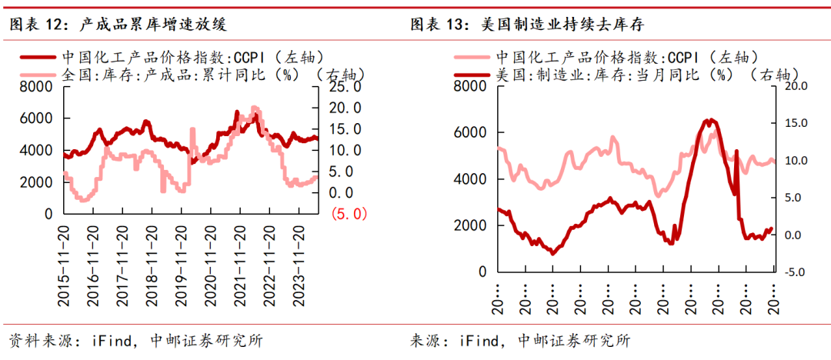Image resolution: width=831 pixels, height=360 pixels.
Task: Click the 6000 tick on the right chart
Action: tap(471, 132)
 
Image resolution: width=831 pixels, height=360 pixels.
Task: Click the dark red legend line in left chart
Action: tap(36, 56)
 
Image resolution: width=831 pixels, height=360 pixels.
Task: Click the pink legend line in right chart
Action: tap(473, 56)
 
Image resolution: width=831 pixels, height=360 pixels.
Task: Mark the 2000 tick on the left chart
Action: tap(36, 182)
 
